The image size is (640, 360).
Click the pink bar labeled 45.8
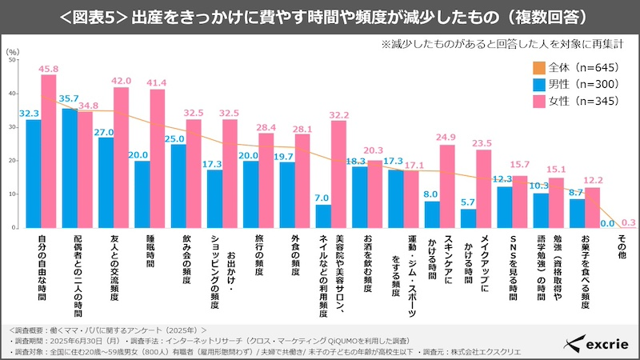pyautogui.click(x=49, y=151)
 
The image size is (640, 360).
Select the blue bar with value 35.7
pyautogui.click(x=70, y=168)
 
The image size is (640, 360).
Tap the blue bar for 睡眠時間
pyautogui.click(x=142, y=194)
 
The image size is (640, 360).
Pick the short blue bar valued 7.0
pyautogui.click(x=323, y=216)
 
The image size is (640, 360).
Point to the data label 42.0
pyautogui.click(x=121, y=81)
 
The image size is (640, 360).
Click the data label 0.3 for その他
pyautogui.click(x=629, y=222)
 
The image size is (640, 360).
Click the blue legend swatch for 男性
pyautogui.click(x=540, y=84)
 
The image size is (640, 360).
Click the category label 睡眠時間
pyautogui.click(x=150, y=253)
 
